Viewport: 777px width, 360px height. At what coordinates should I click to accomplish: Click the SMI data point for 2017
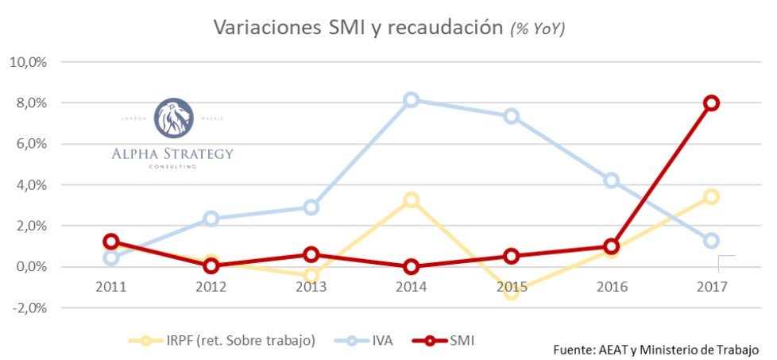tap(711, 103)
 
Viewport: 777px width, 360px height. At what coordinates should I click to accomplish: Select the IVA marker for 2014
tap(411, 100)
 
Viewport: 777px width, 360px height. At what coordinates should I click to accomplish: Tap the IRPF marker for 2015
tap(511, 292)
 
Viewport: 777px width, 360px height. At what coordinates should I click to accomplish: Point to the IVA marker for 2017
tap(711, 240)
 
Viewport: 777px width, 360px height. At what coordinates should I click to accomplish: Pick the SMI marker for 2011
tap(111, 242)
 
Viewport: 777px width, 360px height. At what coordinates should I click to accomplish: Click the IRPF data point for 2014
tap(411, 200)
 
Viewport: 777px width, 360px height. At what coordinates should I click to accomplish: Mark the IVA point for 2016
tap(611, 180)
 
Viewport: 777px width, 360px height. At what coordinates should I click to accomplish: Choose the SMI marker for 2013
tap(311, 254)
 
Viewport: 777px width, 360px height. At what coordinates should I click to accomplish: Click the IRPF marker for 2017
tap(711, 196)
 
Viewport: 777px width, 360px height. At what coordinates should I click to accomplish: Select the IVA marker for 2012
tap(211, 219)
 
